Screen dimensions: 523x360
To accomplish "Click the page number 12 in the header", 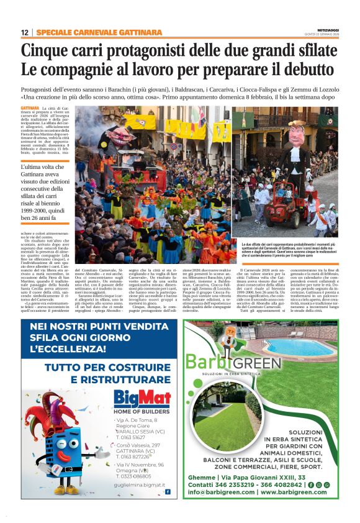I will [x=24, y=32].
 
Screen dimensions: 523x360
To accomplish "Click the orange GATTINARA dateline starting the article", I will [x=29, y=108].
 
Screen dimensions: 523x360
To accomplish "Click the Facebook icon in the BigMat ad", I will [x=167, y=491].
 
